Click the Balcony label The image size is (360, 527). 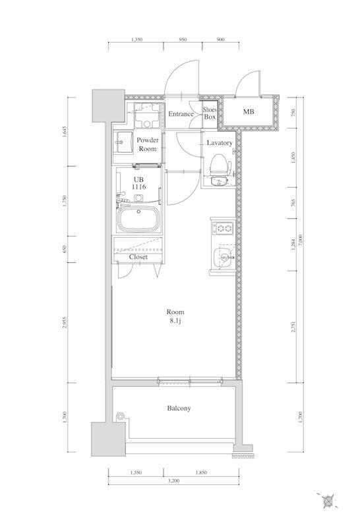pos(179,408)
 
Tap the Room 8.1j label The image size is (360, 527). pos(175,316)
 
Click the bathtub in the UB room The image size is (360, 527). pos(138,219)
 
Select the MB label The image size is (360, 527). pos(249,111)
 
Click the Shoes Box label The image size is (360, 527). pos(209,113)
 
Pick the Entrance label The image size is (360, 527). pos(181,114)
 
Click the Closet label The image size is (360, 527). pos(138,257)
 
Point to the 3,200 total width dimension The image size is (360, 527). pos(173,481)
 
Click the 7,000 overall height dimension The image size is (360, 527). pos(301,240)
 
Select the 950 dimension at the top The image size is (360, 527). pos(183,40)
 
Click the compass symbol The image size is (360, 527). pos(327,501)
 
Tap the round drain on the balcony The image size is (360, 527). pos(119,416)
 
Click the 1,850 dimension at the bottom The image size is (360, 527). pos(201,472)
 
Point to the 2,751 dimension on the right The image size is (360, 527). pos(293,327)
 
